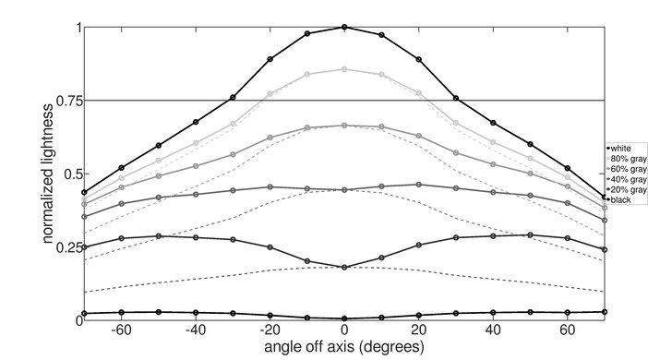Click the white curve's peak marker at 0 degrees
tap(344, 27)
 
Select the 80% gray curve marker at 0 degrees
tap(344, 69)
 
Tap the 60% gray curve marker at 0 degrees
tap(344, 126)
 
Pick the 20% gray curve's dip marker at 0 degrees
tap(344, 267)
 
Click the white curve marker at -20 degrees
tap(270, 59)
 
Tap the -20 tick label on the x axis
tap(269, 330)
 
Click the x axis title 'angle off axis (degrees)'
tap(344, 348)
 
